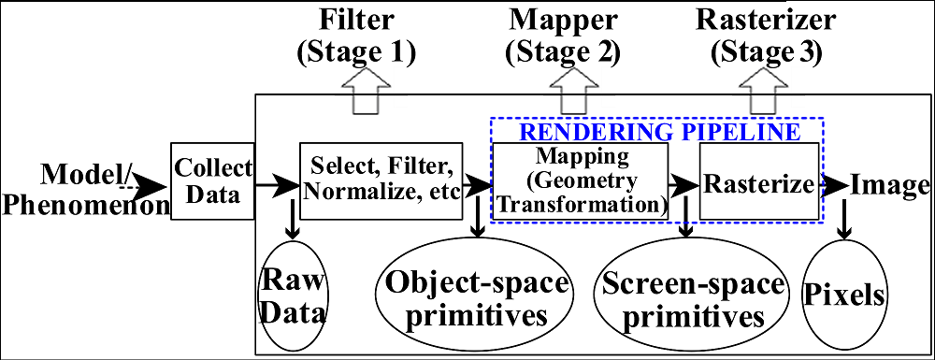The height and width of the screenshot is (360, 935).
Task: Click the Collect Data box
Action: pos(213,180)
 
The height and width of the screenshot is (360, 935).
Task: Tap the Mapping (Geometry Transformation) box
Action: pos(580,180)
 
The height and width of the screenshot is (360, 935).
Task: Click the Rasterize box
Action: pos(759,182)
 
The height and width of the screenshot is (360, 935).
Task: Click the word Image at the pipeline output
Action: pos(885,183)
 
